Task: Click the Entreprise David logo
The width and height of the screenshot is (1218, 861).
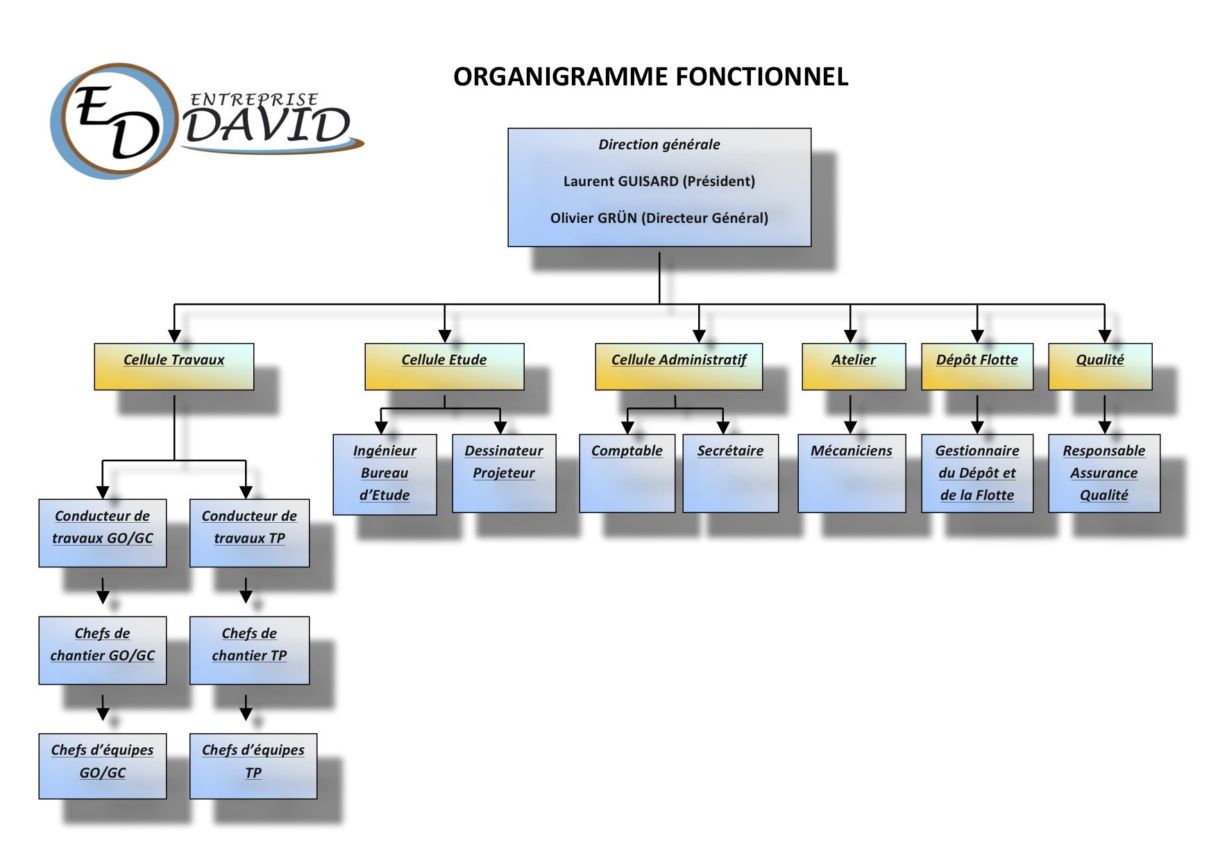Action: click(x=207, y=121)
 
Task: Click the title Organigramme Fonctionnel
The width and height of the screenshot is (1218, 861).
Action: click(x=651, y=76)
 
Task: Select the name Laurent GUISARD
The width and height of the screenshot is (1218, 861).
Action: click(x=621, y=181)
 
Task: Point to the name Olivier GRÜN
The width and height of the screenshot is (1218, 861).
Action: click(x=593, y=218)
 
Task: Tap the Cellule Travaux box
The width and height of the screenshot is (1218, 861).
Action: click(x=174, y=367)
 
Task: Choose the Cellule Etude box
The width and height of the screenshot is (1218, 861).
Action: click(x=444, y=367)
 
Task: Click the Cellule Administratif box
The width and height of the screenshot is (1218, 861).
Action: click(x=679, y=367)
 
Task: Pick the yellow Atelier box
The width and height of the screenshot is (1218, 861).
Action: click(x=854, y=367)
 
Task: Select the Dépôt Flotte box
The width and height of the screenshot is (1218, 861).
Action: click(x=977, y=367)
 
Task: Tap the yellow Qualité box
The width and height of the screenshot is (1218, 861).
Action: click(x=1100, y=367)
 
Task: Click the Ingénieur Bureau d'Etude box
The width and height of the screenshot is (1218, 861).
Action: click(x=384, y=474)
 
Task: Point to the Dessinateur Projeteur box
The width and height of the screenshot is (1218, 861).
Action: click(x=504, y=474)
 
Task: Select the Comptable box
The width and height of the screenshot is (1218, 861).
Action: click(x=627, y=474)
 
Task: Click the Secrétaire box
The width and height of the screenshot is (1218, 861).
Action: click(x=730, y=474)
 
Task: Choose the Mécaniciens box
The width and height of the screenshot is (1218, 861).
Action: click(x=852, y=474)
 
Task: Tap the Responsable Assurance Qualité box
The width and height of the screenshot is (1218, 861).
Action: click(x=1104, y=474)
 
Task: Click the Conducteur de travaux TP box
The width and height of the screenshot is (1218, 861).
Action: click(x=249, y=533)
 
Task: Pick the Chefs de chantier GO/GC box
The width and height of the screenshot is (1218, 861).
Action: click(x=103, y=651)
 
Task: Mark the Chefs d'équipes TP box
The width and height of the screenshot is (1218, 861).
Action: click(x=253, y=766)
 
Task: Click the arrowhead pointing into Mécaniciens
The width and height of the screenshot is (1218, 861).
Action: click(x=850, y=428)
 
